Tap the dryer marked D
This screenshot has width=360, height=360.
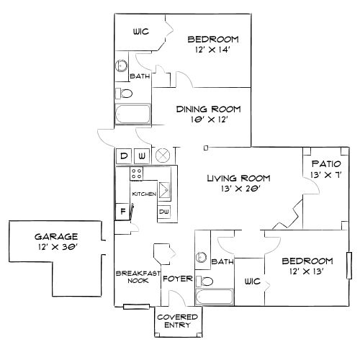point(123,156)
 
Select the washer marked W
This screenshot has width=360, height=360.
point(142,156)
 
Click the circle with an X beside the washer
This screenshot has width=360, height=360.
point(163,155)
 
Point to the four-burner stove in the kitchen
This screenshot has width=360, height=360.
point(135,174)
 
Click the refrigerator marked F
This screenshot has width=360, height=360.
point(122,211)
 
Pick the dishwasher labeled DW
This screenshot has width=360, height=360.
point(163,211)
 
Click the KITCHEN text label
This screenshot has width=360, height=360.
point(143,194)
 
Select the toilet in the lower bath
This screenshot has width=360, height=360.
point(206,281)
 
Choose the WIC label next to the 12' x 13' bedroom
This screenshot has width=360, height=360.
point(252,282)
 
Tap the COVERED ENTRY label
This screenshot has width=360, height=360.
point(173,320)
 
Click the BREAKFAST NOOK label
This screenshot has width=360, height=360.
point(132,276)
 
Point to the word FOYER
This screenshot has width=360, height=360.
point(176,278)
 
